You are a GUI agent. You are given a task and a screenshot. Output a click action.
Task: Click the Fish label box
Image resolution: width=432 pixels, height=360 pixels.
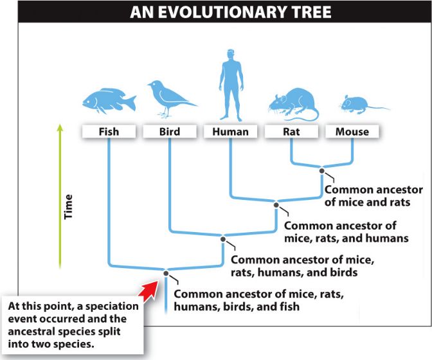(109, 131)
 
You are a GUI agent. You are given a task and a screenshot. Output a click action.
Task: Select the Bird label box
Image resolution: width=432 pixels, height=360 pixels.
(170, 131)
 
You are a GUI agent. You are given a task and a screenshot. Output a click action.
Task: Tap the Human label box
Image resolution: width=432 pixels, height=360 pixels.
(231, 131)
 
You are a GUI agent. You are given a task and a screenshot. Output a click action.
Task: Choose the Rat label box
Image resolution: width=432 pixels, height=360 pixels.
(291, 131)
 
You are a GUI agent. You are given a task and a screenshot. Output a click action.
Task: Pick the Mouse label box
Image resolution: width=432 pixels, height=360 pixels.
(352, 131)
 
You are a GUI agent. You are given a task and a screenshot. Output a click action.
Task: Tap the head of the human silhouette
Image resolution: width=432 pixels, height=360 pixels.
(231, 55)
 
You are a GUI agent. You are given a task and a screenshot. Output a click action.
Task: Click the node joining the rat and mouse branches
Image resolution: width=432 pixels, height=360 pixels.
(322, 171)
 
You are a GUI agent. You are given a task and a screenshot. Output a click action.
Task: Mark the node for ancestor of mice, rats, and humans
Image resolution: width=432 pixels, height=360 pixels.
(276, 205)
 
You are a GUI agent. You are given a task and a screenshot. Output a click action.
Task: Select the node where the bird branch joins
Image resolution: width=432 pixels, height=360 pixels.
(223, 239)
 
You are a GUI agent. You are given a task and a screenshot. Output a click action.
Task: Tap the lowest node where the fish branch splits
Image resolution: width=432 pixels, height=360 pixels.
(166, 273)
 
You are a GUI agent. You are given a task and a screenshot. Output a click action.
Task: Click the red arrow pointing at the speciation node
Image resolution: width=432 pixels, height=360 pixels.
(148, 291)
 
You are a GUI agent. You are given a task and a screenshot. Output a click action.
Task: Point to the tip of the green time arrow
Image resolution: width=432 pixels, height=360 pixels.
(60, 124)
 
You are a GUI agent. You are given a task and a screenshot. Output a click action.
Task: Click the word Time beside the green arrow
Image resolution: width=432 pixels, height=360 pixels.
(68, 207)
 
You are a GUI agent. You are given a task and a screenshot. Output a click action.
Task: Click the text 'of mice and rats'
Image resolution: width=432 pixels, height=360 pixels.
(368, 202)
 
